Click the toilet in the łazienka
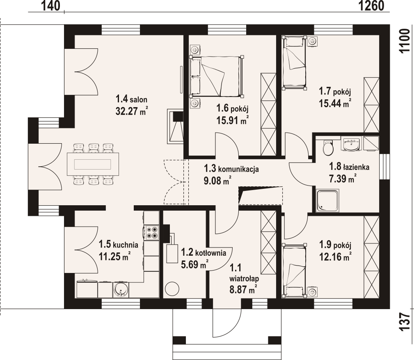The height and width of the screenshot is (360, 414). point(328,148)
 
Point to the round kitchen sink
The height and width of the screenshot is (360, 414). point(121,290)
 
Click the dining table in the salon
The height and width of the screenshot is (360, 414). point(92,164)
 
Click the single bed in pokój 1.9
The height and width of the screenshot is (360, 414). point(294,271)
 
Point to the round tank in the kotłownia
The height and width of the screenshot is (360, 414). point(172,289)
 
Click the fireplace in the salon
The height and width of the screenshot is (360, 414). point(175,126)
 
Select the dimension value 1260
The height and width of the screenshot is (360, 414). point(371,6)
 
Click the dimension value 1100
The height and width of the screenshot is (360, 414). point(405,41)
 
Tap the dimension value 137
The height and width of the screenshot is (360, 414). point(405,322)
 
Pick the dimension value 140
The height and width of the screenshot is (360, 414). point(51,6)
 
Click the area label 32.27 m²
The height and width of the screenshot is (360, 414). point(131,111)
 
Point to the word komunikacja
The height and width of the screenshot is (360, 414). point(238,169)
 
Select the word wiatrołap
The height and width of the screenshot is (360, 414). point(244,279)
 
